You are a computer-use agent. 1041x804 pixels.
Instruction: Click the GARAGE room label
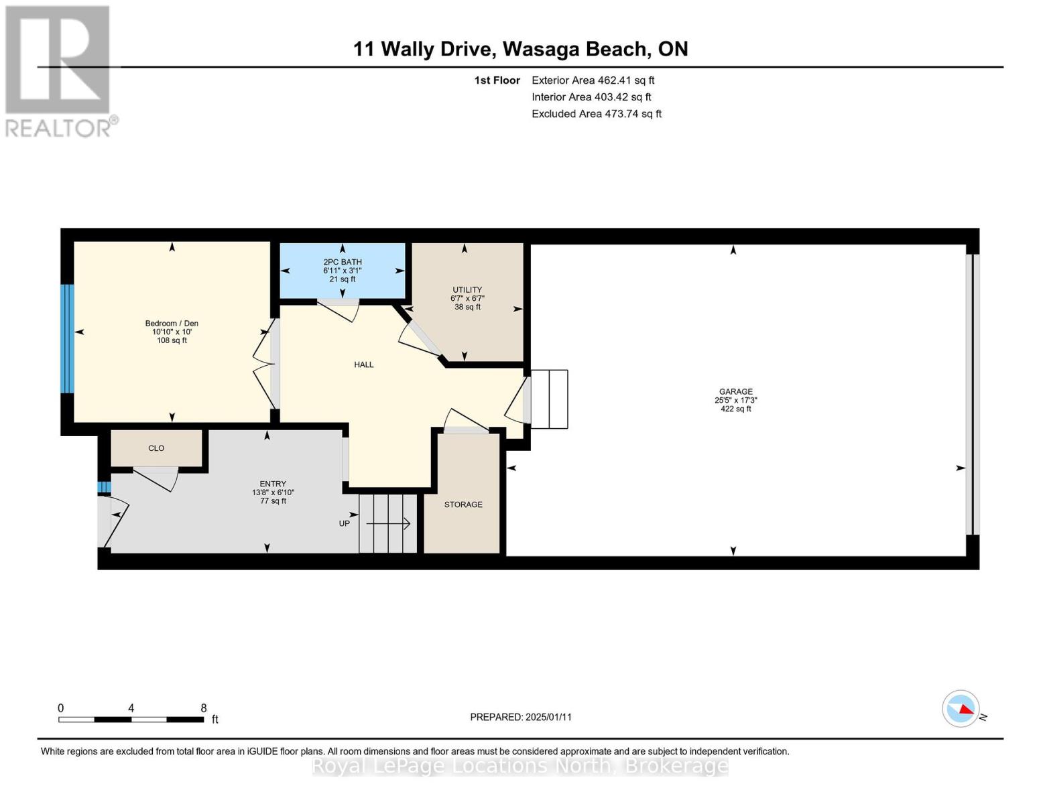point(735,391)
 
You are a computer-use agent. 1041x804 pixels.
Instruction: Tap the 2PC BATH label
point(343,262)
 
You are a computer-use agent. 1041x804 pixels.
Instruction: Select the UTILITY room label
point(467,290)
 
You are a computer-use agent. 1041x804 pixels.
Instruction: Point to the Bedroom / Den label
point(172,324)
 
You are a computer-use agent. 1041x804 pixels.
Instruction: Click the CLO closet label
point(156,448)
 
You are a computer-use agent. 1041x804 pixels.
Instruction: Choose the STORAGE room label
point(463,505)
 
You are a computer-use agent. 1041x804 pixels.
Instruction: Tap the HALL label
point(364,364)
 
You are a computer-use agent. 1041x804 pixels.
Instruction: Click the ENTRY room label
point(273,484)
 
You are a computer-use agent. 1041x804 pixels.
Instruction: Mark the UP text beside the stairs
point(344,523)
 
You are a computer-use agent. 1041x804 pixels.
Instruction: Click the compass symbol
point(961,708)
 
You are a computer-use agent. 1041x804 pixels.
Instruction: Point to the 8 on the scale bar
point(204,708)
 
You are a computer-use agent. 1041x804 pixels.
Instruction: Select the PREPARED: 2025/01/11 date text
point(521,717)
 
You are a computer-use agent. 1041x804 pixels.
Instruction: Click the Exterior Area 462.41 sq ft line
point(593,80)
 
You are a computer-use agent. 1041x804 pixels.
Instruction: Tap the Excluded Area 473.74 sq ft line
point(597,114)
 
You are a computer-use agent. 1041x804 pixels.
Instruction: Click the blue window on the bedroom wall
point(66,338)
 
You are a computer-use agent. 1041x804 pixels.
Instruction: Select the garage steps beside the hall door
point(550,399)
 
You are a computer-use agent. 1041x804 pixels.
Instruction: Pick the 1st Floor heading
point(497,80)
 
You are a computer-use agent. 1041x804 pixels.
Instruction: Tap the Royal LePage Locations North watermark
point(520,766)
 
